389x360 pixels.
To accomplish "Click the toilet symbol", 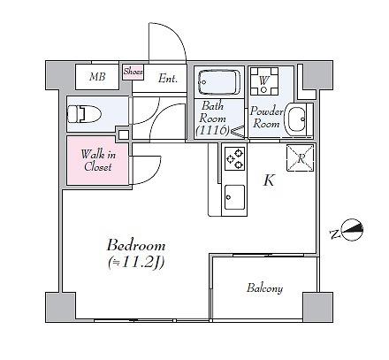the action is click(84, 114).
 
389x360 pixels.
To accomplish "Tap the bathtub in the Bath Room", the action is click(219, 82).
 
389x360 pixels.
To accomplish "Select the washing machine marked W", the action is click(264, 81).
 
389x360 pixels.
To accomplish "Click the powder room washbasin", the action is click(296, 119).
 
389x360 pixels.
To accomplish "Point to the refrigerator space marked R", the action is click(301, 158).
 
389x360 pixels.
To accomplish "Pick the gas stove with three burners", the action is click(234, 158).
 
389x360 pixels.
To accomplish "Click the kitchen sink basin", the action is click(234, 197).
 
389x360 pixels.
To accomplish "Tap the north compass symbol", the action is click(352, 230).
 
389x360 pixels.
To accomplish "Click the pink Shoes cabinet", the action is click(133, 72).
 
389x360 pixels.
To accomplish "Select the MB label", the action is click(97, 77).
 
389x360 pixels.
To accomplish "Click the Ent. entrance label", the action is click(168, 79).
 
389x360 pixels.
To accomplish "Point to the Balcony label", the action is click(264, 288).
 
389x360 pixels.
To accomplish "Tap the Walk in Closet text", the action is click(98, 160).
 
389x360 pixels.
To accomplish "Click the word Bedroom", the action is click(136, 246).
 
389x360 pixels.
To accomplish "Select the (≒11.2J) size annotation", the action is click(136, 263).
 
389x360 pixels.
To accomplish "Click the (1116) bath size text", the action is click(212, 129).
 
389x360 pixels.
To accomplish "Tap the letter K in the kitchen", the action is click(269, 180).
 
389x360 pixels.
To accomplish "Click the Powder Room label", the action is click(266, 118).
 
